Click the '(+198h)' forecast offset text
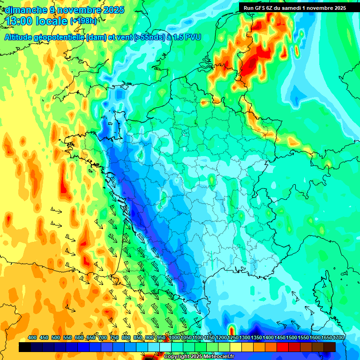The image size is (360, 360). (x=83, y=21)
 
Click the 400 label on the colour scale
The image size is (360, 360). (x=32, y=337)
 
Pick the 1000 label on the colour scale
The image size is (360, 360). (x=174, y=337)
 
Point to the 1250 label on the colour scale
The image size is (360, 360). (x=233, y=337)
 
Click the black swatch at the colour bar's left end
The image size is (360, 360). (x=25, y=347)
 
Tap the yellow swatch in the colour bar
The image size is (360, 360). (x=236, y=347)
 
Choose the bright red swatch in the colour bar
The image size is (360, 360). (x=283, y=347)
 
